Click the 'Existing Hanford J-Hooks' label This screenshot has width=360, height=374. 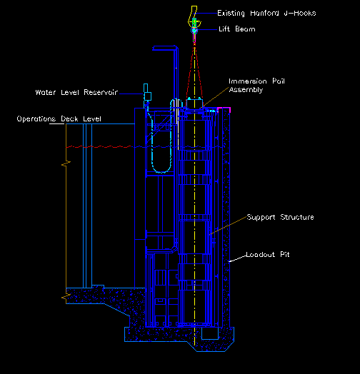click(x=266, y=13)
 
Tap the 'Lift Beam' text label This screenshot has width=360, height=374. click(x=237, y=29)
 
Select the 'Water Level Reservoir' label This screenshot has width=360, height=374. click(x=76, y=92)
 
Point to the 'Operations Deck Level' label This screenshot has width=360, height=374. click(x=59, y=118)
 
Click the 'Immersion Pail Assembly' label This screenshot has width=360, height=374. click(x=256, y=86)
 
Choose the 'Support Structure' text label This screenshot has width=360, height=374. click(x=280, y=217)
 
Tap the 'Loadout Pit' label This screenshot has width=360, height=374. click(x=268, y=255)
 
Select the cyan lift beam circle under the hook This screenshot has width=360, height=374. click(x=194, y=30)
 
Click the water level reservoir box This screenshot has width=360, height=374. click(x=148, y=96)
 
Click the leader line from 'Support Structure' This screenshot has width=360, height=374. click(x=229, y=226)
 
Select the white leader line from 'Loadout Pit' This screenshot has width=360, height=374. click(x=237, y=258)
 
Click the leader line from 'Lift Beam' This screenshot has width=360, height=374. click(x=208, y=29)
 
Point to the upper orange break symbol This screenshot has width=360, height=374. click(x=66, y=164)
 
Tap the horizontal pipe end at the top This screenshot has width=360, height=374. click(x=154, y=49)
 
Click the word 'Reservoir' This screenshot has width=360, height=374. click(x=101, y=92)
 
